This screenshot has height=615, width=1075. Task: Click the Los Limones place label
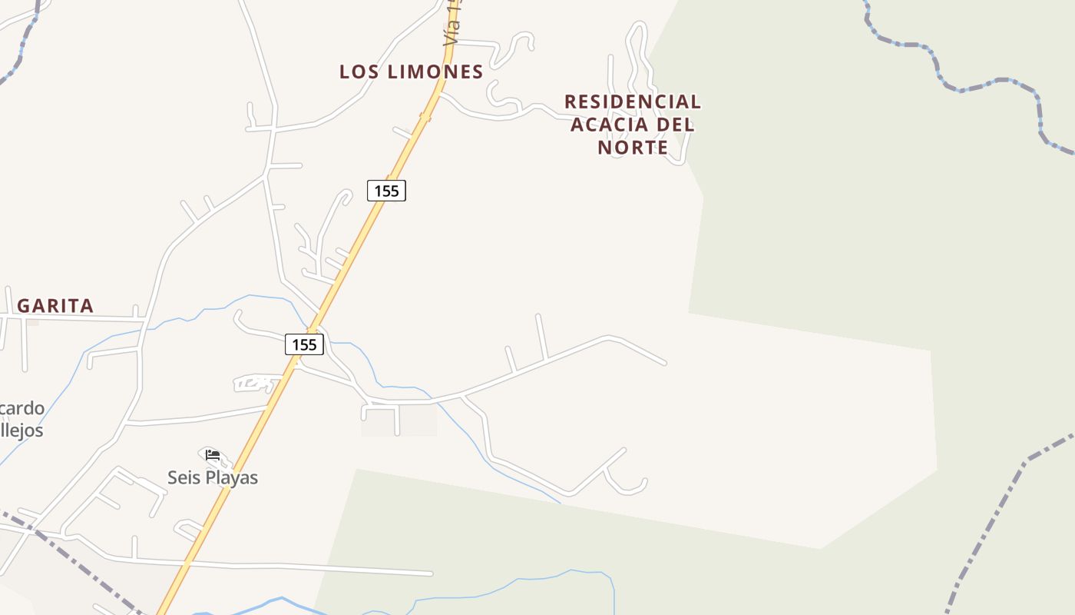pos(411,72)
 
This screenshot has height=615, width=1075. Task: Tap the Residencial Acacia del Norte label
pos(633,124)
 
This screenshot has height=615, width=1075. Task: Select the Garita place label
pos(55,306)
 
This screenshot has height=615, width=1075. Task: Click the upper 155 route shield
pos(386,191)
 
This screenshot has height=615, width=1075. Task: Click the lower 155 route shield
pos(304,344)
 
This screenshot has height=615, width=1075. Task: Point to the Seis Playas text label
pos(213,477)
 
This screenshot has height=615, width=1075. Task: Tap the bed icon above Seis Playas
pos(213,455)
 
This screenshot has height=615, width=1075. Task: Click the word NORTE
pos(633,147)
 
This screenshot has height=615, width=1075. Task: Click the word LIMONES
pos(435,72)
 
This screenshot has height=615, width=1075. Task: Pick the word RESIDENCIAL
pos(633,101)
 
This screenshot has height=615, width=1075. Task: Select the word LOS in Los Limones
pos(359,72)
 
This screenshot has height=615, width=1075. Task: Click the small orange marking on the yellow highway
pos(425,118)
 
